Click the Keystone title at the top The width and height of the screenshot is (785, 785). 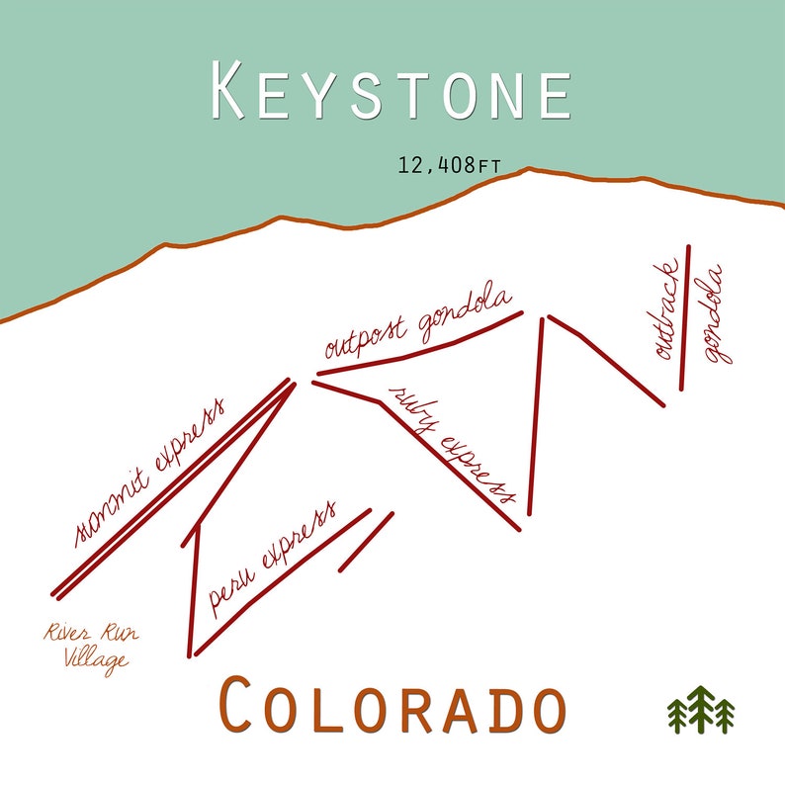(x=392, y=92)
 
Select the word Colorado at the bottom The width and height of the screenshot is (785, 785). (x=392, y=705)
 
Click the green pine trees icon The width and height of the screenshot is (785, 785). (x=701, y=710)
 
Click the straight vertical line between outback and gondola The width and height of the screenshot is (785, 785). (x=685, y=316)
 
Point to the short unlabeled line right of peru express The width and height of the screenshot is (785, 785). (x=366, y=542)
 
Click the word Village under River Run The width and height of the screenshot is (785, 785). (x=96, y=658)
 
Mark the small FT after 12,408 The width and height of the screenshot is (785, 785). (x=488, y=166)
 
